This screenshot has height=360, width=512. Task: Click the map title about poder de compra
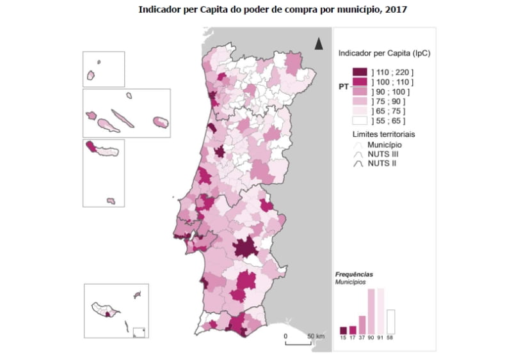click(x=272, y=10)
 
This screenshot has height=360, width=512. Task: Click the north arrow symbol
click(x=318, y=43)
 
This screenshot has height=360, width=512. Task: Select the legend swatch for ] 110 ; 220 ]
click(x=359, y=72)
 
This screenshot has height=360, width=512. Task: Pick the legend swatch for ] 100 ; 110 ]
click(x=359, y=82)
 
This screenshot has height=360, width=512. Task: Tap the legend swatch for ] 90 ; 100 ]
click(x=359, y=91)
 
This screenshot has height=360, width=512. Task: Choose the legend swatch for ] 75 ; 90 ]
click(x=359, y=101)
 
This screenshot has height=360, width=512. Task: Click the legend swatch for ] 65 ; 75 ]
click(x=359, y=111)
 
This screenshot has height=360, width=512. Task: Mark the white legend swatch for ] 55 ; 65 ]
click(x=359, y=120)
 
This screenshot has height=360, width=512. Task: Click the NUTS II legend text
click(x=381, y=164)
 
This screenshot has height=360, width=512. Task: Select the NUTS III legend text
click(x=382, y=154)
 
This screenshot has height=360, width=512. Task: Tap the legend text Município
click(x=384, y=145)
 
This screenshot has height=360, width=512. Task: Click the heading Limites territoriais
click(x=383, y=135)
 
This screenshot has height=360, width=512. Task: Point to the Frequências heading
click(x=354, y=274)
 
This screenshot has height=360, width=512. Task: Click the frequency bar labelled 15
click(x=343, y=330)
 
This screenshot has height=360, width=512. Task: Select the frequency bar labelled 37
click(x=362, y=324)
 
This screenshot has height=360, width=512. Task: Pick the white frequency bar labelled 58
click(x=390, y=321)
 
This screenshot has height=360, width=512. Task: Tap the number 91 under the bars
click(x=380, y=338)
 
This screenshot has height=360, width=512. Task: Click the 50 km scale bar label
click(x=316, y=336)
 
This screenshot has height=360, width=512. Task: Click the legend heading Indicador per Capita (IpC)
click(x=384, y=53)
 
